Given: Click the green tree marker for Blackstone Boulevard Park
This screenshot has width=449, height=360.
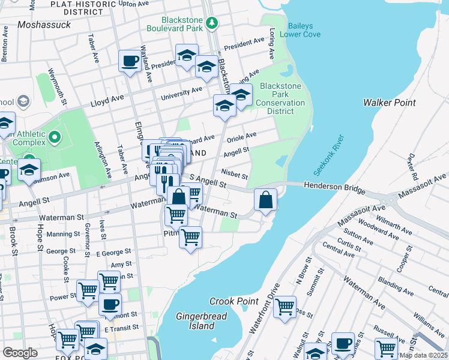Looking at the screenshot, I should click(x=211, y=23).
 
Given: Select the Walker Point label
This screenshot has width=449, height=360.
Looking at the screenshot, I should click(x=389, y=103).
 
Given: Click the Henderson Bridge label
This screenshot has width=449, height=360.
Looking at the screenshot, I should click(x=334, y=188).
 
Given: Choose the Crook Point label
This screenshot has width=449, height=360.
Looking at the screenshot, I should click(x=234, y=301).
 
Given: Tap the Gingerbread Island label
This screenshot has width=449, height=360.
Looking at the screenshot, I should click(x=195, y=321).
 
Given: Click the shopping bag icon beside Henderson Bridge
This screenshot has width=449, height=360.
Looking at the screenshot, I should click(x=265, y=199).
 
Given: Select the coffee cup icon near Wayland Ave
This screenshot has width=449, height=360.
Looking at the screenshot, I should click(x=130, y=61).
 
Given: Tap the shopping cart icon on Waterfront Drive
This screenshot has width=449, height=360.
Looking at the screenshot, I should click(x=285, y=306).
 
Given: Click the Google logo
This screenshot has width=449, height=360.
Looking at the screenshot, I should click(x=20, y=352).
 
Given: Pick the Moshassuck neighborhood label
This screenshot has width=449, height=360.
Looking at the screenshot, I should click(x=44, y=25).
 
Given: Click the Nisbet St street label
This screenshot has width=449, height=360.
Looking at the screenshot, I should click(x=234, y=174).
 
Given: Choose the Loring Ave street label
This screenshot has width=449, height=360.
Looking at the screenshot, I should click(x=273, y=44).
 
